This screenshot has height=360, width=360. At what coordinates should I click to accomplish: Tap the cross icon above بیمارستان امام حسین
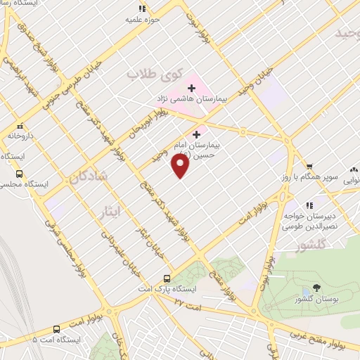point(195,133)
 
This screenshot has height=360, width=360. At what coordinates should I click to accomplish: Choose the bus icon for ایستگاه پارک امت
point(167,278)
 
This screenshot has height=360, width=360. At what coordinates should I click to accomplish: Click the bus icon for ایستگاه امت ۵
point(56,329)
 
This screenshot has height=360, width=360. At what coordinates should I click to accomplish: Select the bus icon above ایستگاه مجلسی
point(19,172)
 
